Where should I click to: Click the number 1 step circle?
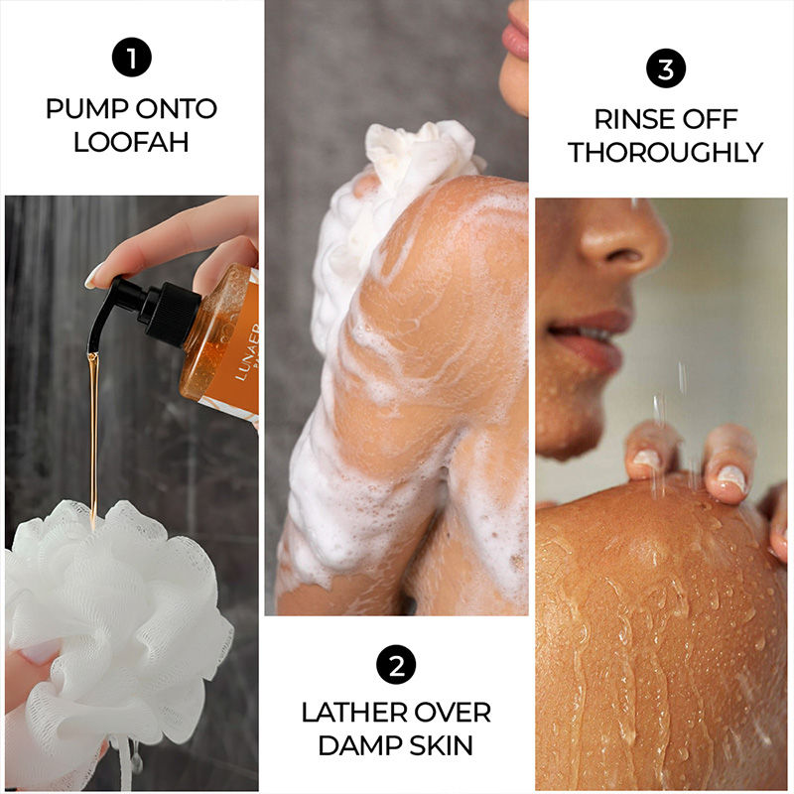click(x=132, y=58)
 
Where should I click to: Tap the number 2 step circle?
click(x=396, y=664)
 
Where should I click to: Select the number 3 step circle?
click(x=665, y=68)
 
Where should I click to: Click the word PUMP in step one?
click(x=86, y=108)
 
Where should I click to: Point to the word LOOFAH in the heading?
click(x=131, y=141)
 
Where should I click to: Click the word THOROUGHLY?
click(x=665, y=153)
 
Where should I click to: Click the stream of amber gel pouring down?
click(x=93, y=436)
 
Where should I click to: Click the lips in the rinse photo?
click(x=590, y=336)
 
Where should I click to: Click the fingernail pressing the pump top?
click(x=94, y=277)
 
